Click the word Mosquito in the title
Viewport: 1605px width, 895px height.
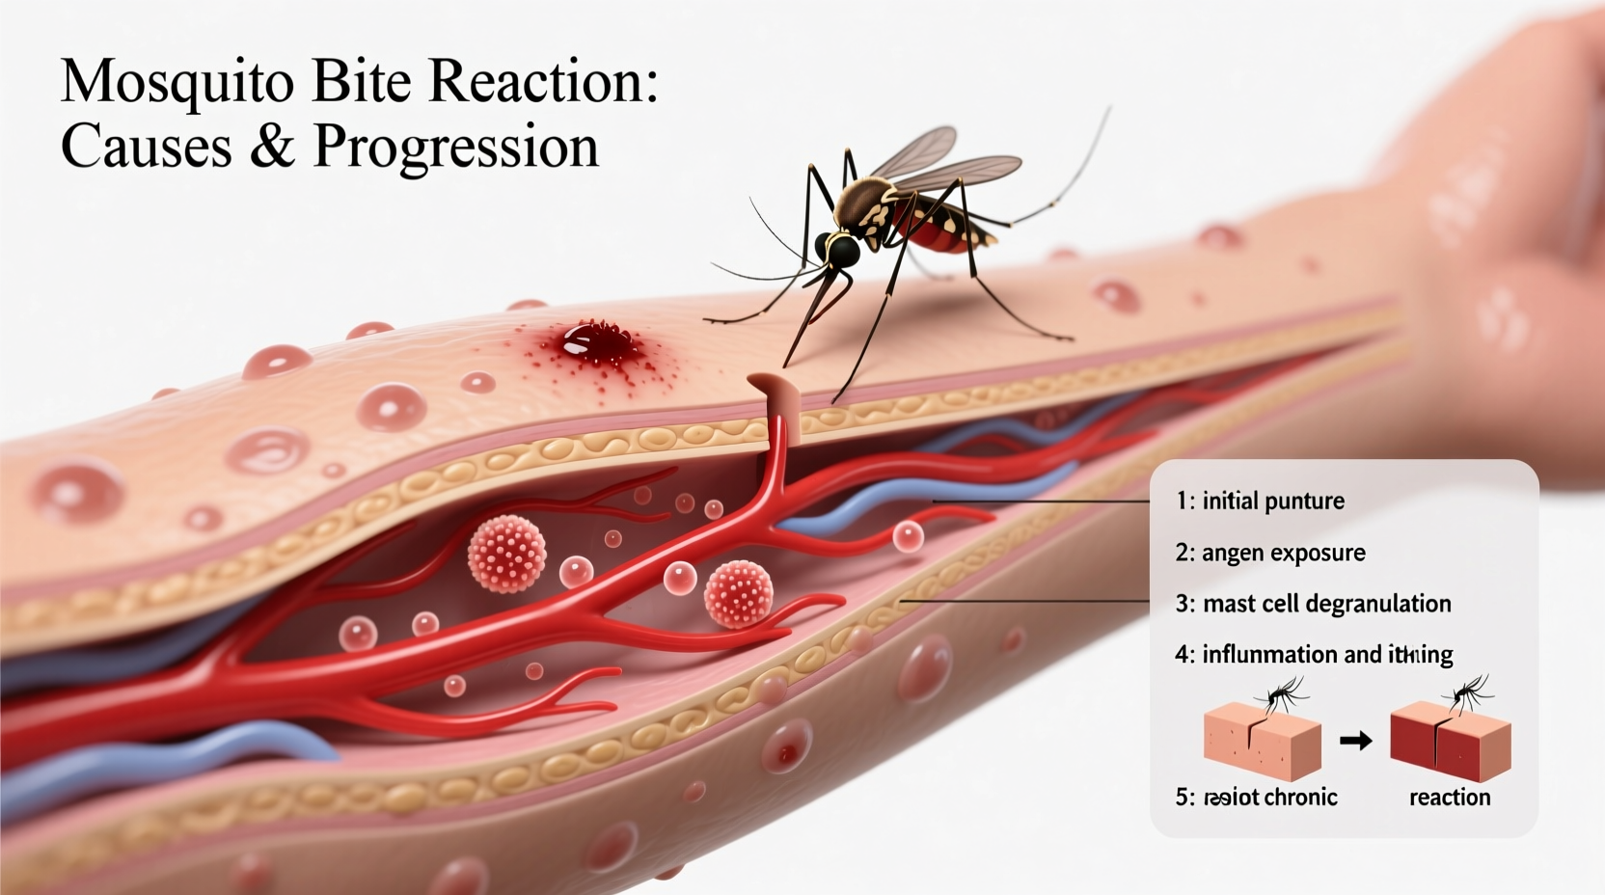tap(177, 83)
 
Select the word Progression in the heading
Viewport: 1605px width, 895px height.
tap(455, 147)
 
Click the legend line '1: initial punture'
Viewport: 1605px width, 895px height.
tap(1260, 501)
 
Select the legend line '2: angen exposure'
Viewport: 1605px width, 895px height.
tap(1270, 553)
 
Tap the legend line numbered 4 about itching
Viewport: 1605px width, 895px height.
tap(1314, 655)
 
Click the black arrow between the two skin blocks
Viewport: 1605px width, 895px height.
tap(1355, 741)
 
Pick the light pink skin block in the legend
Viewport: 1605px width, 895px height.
tap(1261, 743)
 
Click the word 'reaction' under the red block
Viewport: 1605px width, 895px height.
tap(1450, 798)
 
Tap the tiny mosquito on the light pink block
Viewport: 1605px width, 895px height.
tap(1282, 693)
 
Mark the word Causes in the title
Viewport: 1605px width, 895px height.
tap(147, 147)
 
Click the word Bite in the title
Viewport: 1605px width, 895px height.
tap(364, 83)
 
